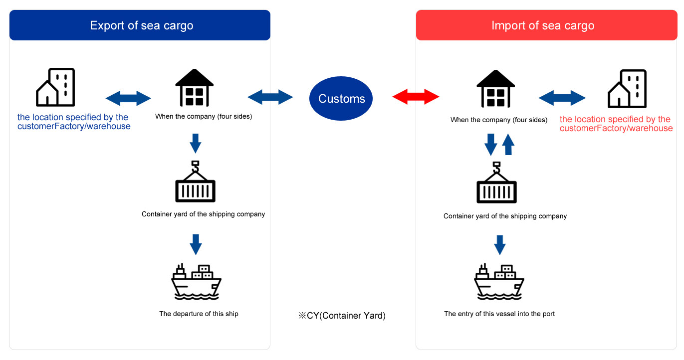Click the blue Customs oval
[x=341, y=98]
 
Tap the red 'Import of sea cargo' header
[x=543, y=25]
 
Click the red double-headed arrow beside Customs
[x=416, y=96]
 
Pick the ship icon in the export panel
[x=196, y=282]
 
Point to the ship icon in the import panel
[x=498, y=282]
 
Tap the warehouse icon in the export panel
[x=195, y=88]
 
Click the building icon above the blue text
[x=55, y=87]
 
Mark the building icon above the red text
[x=627, y=89]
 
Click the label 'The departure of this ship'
[x=199, y=314]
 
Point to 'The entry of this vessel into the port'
[x=499, y=314]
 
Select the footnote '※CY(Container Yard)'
[x=342, y=316]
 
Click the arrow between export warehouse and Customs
[x=270, y=97]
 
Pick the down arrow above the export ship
[x=196, y=244]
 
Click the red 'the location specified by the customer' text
[x=616, y=124]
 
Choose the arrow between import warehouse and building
[x=562, y=98]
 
